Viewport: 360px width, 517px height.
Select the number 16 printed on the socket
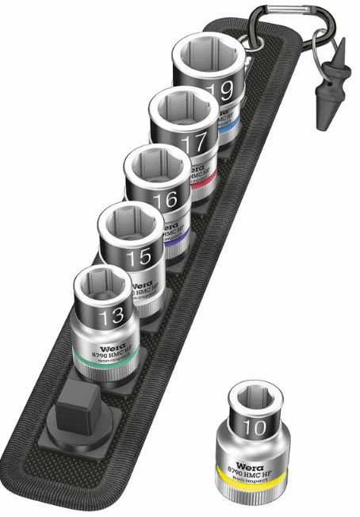(x=165, y=200)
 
